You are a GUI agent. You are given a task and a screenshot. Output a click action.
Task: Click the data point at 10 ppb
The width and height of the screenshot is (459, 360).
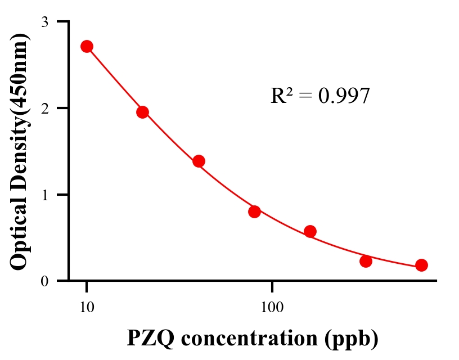click(87, 46)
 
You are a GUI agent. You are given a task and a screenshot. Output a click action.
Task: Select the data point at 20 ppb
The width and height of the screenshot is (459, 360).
click(142, 112)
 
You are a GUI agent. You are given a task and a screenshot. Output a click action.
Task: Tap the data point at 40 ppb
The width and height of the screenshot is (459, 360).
click(199, 161)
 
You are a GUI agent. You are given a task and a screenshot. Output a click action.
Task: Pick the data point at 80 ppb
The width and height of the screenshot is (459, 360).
click(254, 211)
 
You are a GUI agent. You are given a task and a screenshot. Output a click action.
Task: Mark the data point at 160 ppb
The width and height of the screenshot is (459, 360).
click(310, 231)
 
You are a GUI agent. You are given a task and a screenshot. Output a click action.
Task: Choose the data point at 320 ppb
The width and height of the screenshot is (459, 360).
click(366, 261)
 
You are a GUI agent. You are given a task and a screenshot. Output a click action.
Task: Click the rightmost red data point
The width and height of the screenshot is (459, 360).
click(421, 265)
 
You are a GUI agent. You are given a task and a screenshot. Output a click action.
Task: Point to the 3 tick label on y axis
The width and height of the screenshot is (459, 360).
click(45, 22)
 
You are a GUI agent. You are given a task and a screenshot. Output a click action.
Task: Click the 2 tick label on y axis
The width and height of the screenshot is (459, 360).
click(45, 108)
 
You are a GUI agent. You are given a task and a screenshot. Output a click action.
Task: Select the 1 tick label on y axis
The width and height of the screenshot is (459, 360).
click(45, 195)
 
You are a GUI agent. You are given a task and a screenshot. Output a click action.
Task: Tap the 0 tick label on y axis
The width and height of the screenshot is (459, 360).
click(45, 281)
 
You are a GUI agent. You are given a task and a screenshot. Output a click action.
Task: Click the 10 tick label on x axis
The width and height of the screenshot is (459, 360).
click(87, 307)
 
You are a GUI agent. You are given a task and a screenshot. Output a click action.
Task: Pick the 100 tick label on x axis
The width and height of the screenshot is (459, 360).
click(272, 307)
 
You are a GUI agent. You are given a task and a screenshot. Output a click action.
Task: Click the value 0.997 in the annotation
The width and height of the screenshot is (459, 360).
click(344, 96)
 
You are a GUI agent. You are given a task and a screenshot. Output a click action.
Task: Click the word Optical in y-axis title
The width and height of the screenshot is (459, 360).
click(19, 236)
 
